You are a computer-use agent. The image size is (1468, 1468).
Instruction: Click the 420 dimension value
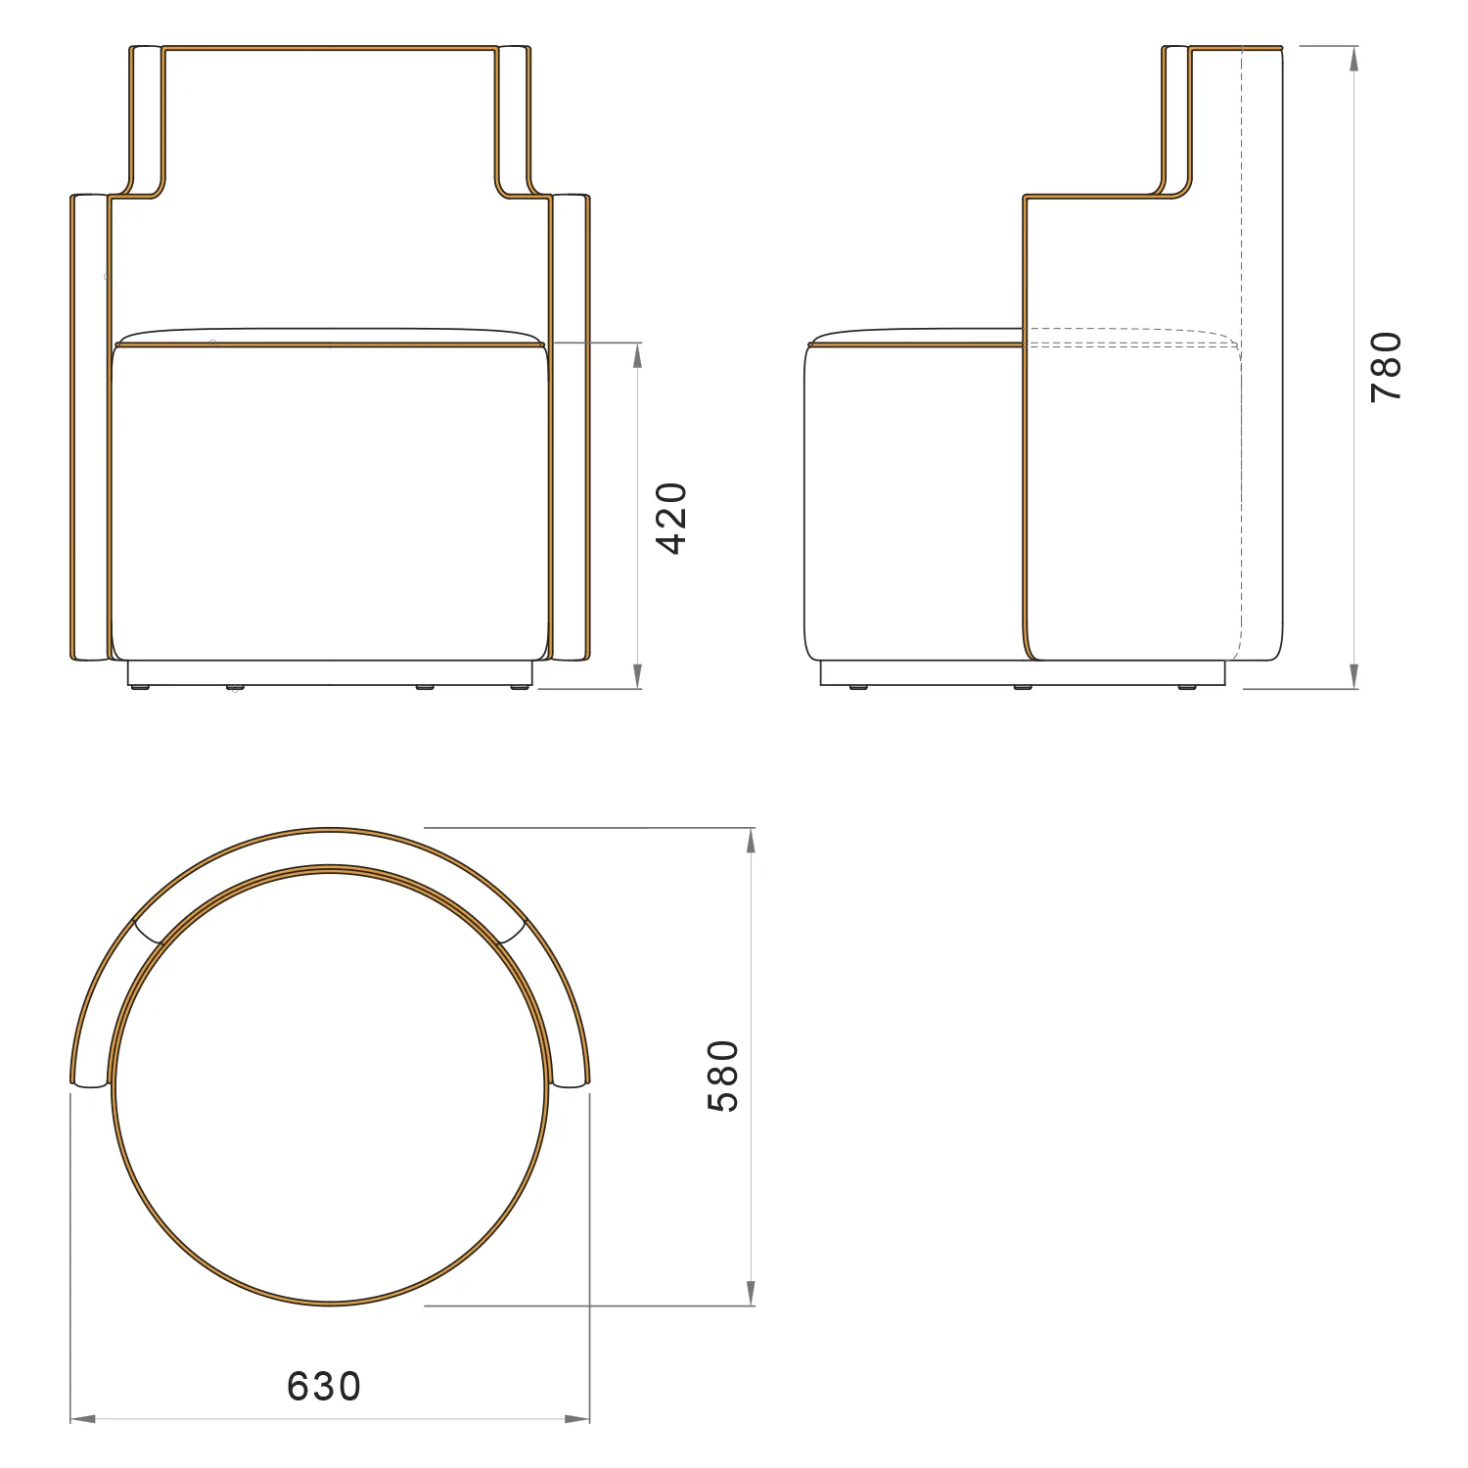[x=672, y=518]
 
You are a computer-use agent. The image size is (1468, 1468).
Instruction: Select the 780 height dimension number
[x=1387, y=367]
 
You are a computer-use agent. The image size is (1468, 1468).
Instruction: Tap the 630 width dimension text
[x=324, y=1386]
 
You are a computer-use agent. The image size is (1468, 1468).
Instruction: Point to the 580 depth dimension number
[x=723, y=1076]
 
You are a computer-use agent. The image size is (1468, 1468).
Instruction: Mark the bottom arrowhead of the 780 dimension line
[x=1353, y=676]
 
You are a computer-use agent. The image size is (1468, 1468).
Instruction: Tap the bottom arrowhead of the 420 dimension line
[x=638, y=676]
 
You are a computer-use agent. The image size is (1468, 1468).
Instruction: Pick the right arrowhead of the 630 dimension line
[x=577, y=1418]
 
